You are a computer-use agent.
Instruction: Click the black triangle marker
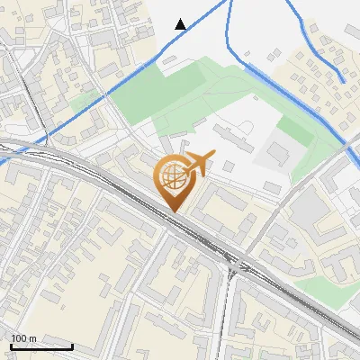[181, 24]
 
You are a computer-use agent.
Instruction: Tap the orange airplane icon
[197, 164]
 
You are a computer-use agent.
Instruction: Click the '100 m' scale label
[23, 338]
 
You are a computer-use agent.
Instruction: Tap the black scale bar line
[41, 346]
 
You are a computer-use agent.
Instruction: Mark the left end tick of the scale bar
[11, 345]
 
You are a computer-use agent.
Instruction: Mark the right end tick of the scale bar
[72, 345]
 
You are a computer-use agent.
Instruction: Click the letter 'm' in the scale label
[31, 338]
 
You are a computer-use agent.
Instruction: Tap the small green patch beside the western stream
[85, 100]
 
